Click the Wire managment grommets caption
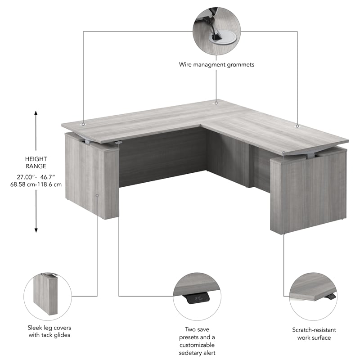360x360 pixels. click(216, 65)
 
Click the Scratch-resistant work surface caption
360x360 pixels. click(311, 333)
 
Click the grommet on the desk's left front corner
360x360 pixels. click(83, 123)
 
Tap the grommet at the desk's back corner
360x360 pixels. click(216, 103)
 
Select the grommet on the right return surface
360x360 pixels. click(297, 126)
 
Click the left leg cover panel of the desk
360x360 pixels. click(92, 178)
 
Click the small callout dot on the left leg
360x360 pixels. click(98, 195)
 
